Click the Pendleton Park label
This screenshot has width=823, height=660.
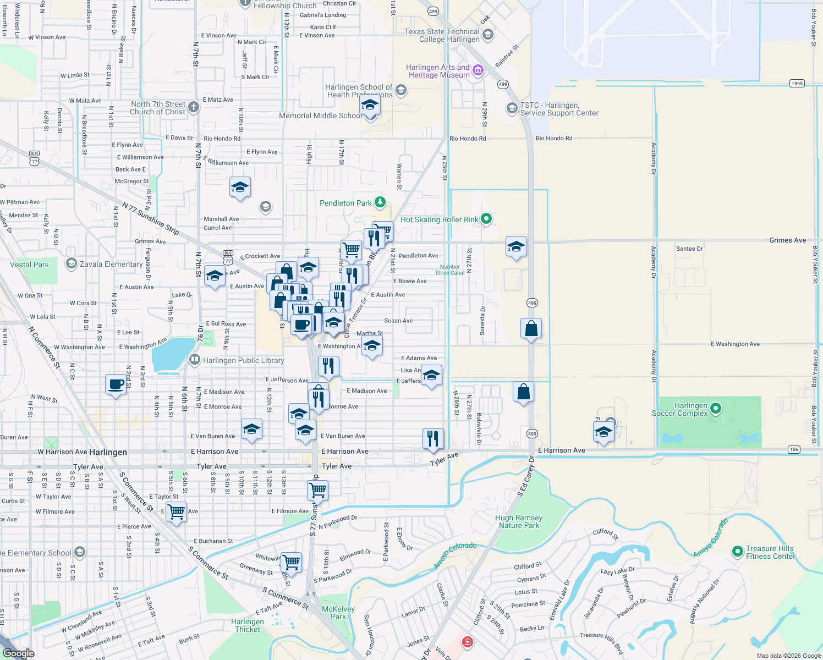tap(345, 203)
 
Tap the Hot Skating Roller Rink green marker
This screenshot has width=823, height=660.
tap(486, 219)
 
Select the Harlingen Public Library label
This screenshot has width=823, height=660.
tap(243, 360)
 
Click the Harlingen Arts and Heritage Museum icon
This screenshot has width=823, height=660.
tap(478, 70)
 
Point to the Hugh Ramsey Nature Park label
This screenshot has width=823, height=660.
tap(519, 521)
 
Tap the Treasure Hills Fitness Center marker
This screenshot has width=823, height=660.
tap(737, 551)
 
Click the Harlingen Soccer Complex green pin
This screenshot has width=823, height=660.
tap(715, 408)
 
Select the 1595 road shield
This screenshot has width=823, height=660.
tap(797, 84)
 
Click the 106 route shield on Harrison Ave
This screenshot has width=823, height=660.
tap(793, 449)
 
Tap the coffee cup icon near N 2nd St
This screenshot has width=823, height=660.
tap(116, 384)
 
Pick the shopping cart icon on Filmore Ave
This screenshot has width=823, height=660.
tap(176, 512)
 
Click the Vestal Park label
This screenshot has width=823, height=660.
tap(29, 265)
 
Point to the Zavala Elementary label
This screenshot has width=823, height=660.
tap(111, 264)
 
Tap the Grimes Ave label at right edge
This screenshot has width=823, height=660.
tap(787, 240)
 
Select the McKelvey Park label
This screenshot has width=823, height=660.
tap(338, 613)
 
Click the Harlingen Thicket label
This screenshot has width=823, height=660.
tap(248, 625)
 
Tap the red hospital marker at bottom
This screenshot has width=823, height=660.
tap(467, 642)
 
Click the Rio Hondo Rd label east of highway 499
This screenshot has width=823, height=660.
tap(553, 138)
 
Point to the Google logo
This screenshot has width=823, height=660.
tap(19, 653)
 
